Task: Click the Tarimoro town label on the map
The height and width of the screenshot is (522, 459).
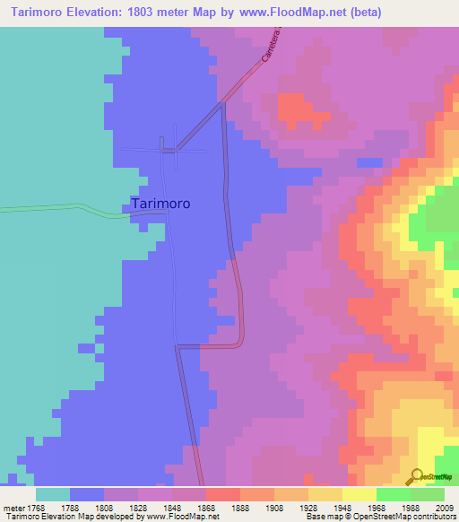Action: click(x=160, y=204)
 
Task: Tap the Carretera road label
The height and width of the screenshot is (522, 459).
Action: click(x=273, y=44)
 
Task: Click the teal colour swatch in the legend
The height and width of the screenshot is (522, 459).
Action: click(x=53, y=493)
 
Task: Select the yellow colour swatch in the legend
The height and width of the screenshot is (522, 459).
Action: click(x=359, y=493)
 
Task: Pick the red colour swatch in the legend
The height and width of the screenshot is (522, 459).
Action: click(x=222, y=493)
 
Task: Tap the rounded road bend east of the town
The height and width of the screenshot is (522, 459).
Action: click(x=238, y=341)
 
